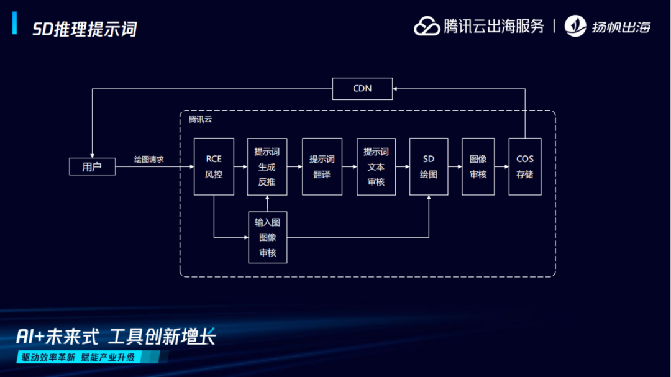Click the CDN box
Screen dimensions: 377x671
coord(362,88)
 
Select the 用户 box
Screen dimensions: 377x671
coord(92,166)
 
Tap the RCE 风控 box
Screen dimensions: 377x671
coord(214,166)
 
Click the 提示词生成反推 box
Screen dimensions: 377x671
coord(267,166)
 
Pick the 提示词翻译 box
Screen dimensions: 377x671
coord(322,166)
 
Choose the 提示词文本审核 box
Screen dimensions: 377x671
coord(376,166)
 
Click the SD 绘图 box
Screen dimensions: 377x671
coord(429,166)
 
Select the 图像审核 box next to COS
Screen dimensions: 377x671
coord(478,166)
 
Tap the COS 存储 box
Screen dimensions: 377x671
coord(525,166)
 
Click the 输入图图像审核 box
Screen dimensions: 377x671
coord(267,237)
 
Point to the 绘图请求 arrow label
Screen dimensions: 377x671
coord(149,159)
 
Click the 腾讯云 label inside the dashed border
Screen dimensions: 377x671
coord(200,119)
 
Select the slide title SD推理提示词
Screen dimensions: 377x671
coord(84,29)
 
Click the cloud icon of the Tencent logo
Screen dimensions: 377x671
coord(427,26)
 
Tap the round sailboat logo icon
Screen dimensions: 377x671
coord(575,26)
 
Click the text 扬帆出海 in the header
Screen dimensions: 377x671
coord(621,27)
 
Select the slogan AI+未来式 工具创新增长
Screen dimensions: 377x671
coord(116,337)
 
